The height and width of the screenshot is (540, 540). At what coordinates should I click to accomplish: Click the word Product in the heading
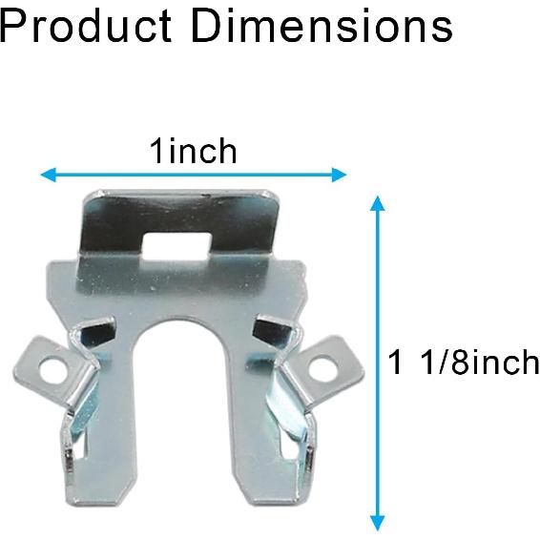(86, 26)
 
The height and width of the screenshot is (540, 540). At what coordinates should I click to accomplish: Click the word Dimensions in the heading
(322, 26)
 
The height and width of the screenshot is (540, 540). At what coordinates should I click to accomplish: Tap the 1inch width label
(194, 151)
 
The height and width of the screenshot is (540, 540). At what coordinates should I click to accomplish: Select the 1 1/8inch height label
(464, 362)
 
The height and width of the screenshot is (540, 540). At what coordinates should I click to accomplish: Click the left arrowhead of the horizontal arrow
(49, 175)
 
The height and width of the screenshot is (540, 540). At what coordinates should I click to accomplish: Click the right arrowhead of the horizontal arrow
(339, 175)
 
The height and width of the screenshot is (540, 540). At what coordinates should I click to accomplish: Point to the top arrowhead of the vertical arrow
(378, 203)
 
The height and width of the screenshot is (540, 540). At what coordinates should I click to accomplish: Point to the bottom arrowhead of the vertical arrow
(378, 523)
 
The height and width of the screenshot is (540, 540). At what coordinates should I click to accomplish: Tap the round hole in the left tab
(54, 370)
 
